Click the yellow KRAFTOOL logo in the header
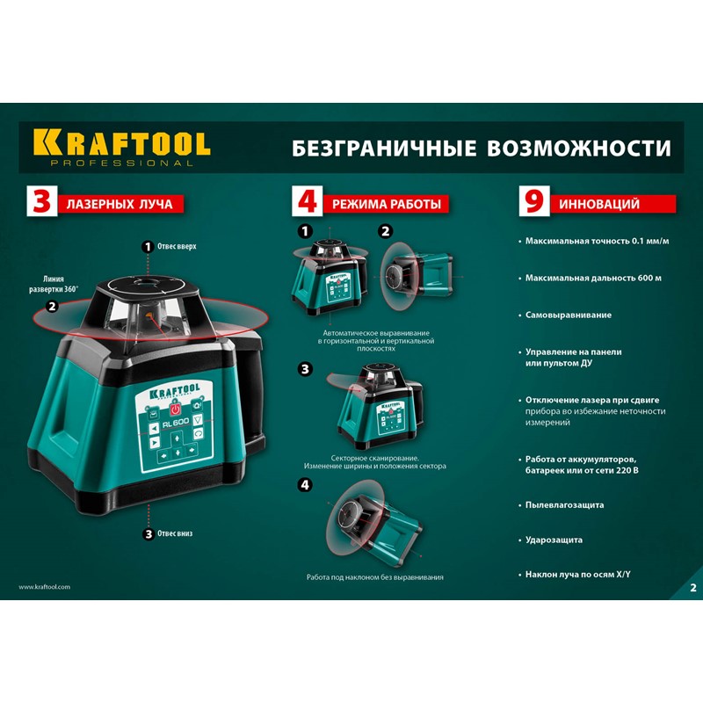click(x=121, y=148)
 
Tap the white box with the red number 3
click(x=41, y=201)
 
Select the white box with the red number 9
click(x=534, y=201)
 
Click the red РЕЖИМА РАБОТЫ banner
click(x=386, y=205)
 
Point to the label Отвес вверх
click(x=177, y=247)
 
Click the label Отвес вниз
click(x=175, y=533)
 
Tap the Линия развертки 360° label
click(x=54, y=284)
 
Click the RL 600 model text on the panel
click(x=176, y=423)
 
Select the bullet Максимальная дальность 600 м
click(x=593, y=278)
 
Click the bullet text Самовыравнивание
click(x=568, y=315)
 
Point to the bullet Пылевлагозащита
click(x=564, y=504)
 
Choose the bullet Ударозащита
click(x=554, y=540)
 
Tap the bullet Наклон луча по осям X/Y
click(x=578, y=575)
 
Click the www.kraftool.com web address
click(x=45, y=587)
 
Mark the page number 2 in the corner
click(x=693, y=588)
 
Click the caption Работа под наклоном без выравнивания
click(x=375, y=577)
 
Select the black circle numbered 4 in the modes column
click(x=305, y=485)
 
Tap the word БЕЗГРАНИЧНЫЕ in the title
click(x=384, y=149)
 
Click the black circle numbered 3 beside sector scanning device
click(x=305, y=369)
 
